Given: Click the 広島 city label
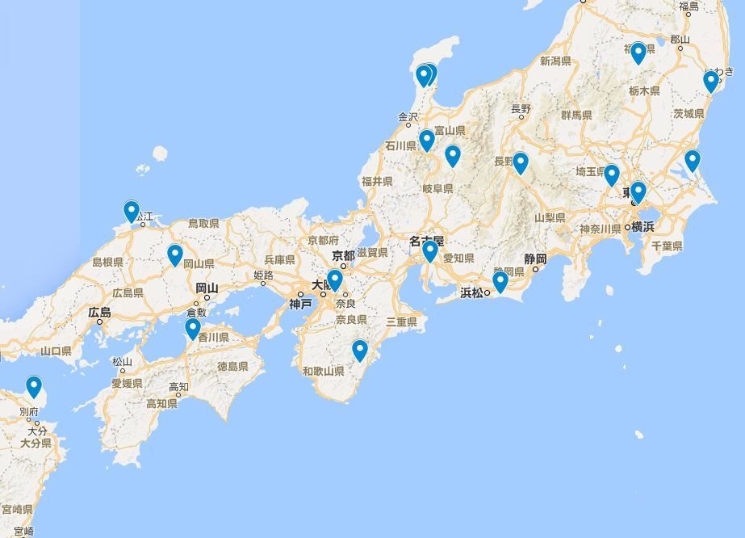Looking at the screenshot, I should coord(100,313).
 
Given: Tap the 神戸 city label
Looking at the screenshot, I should coord(300,304).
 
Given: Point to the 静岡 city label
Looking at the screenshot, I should coord(535,259).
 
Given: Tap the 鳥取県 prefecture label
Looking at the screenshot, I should coord(203,223).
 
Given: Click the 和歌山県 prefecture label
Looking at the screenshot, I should coord(323,372).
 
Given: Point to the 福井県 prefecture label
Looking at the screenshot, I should coord(377,182).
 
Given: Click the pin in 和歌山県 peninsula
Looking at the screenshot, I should coord(360,351).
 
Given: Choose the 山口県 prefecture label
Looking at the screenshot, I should coord(55,351).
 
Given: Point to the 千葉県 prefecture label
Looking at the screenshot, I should coord(667,246).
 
